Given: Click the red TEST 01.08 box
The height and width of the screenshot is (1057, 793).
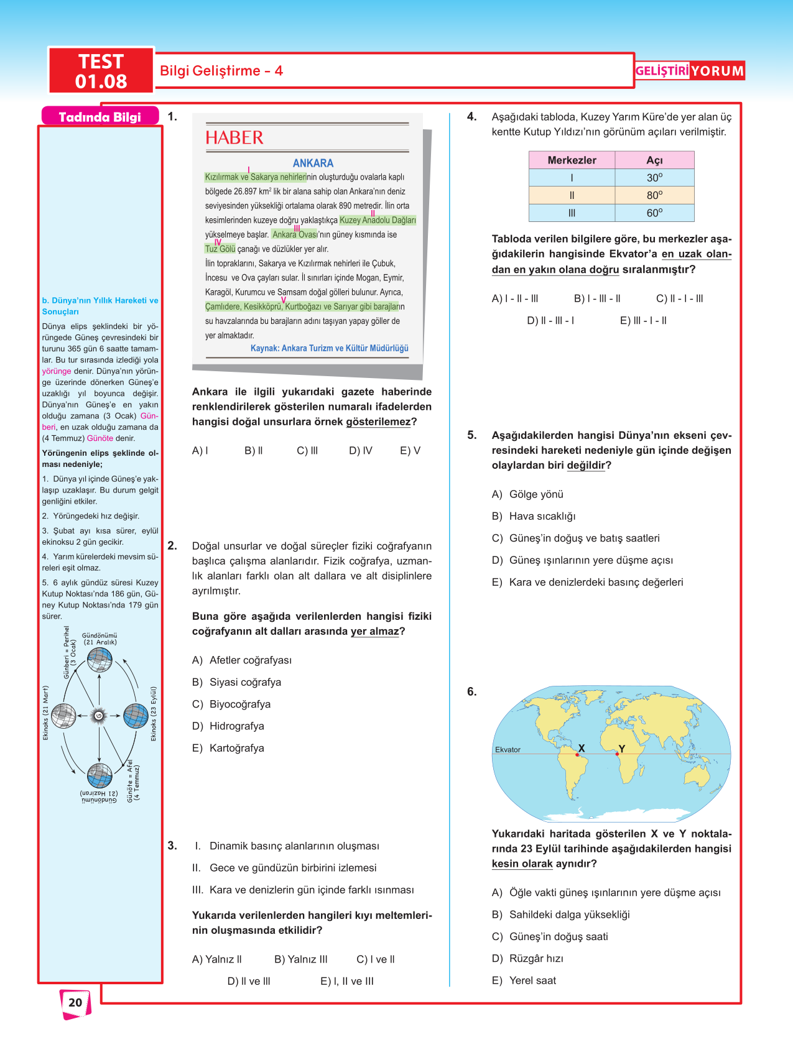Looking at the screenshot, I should click(x=101, y=71).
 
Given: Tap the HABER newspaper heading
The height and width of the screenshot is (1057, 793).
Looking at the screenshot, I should click(x=234, y=137).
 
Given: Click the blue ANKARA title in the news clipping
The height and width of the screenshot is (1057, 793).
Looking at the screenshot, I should click(x=313, y=163).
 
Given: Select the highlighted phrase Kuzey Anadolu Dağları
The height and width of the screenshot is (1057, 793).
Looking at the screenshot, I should click(x=378, y=220).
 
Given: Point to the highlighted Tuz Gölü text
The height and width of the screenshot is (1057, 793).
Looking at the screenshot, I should click(x=220, y=249).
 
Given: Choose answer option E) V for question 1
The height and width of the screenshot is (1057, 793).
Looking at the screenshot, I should click(x=410, y=450).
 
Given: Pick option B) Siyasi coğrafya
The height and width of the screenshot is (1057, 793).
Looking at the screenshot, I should click(x=236, y=682).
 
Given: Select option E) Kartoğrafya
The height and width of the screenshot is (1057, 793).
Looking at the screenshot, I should click(x=228, y=748).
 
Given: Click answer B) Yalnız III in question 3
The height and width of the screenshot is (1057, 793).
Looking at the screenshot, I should click(x=300, y=959).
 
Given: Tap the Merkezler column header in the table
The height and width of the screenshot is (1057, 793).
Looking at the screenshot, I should click(x=572, y=160).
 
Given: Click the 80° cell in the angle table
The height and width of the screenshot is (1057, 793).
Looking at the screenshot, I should click(x=654, y=195).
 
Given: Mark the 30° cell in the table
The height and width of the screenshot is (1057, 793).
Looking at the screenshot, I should click(x=654, y=177).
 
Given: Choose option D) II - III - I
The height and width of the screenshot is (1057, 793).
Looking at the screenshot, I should click(x=550, y=320).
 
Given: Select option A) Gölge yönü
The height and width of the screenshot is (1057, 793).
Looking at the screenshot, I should click(x=527, y=494).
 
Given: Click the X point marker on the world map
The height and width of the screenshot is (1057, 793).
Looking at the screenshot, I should click(x=578, y=754).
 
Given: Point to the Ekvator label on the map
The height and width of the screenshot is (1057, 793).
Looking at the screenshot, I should click(x=508, y=750).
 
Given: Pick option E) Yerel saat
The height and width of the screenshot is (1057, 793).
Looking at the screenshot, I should click(x=524, y=981).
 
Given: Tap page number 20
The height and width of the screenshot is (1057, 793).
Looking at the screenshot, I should click(x=75, y=1002).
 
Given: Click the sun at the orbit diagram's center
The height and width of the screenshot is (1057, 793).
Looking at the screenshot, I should click(x=99, y=716).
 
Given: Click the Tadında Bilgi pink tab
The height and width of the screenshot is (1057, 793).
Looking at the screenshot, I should click(x=100, y=117).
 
